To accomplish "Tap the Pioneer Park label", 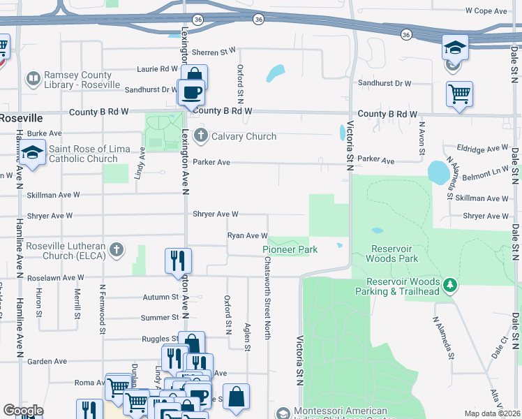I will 290,249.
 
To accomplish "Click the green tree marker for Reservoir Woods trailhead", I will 451,285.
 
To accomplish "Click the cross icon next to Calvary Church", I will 201,135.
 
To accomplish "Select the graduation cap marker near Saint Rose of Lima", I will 32,153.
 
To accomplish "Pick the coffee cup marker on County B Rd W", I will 191,91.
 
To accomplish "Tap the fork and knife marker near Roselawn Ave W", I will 177,260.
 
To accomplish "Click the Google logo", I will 23,411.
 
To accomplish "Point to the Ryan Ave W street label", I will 248,236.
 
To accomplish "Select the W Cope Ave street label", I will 486,11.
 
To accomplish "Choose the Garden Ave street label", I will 47,362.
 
